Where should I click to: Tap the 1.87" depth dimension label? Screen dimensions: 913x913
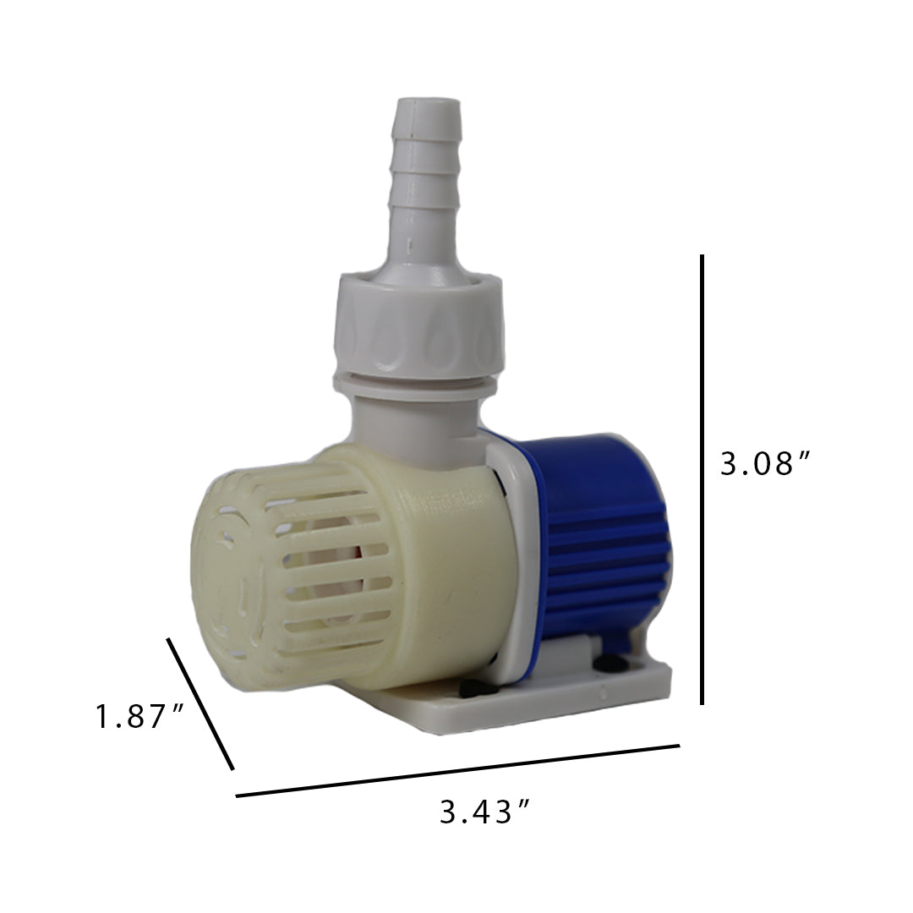[139, 717]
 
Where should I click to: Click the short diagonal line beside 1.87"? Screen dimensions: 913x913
[200, 703]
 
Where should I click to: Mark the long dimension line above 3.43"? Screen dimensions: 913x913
[457, 771]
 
